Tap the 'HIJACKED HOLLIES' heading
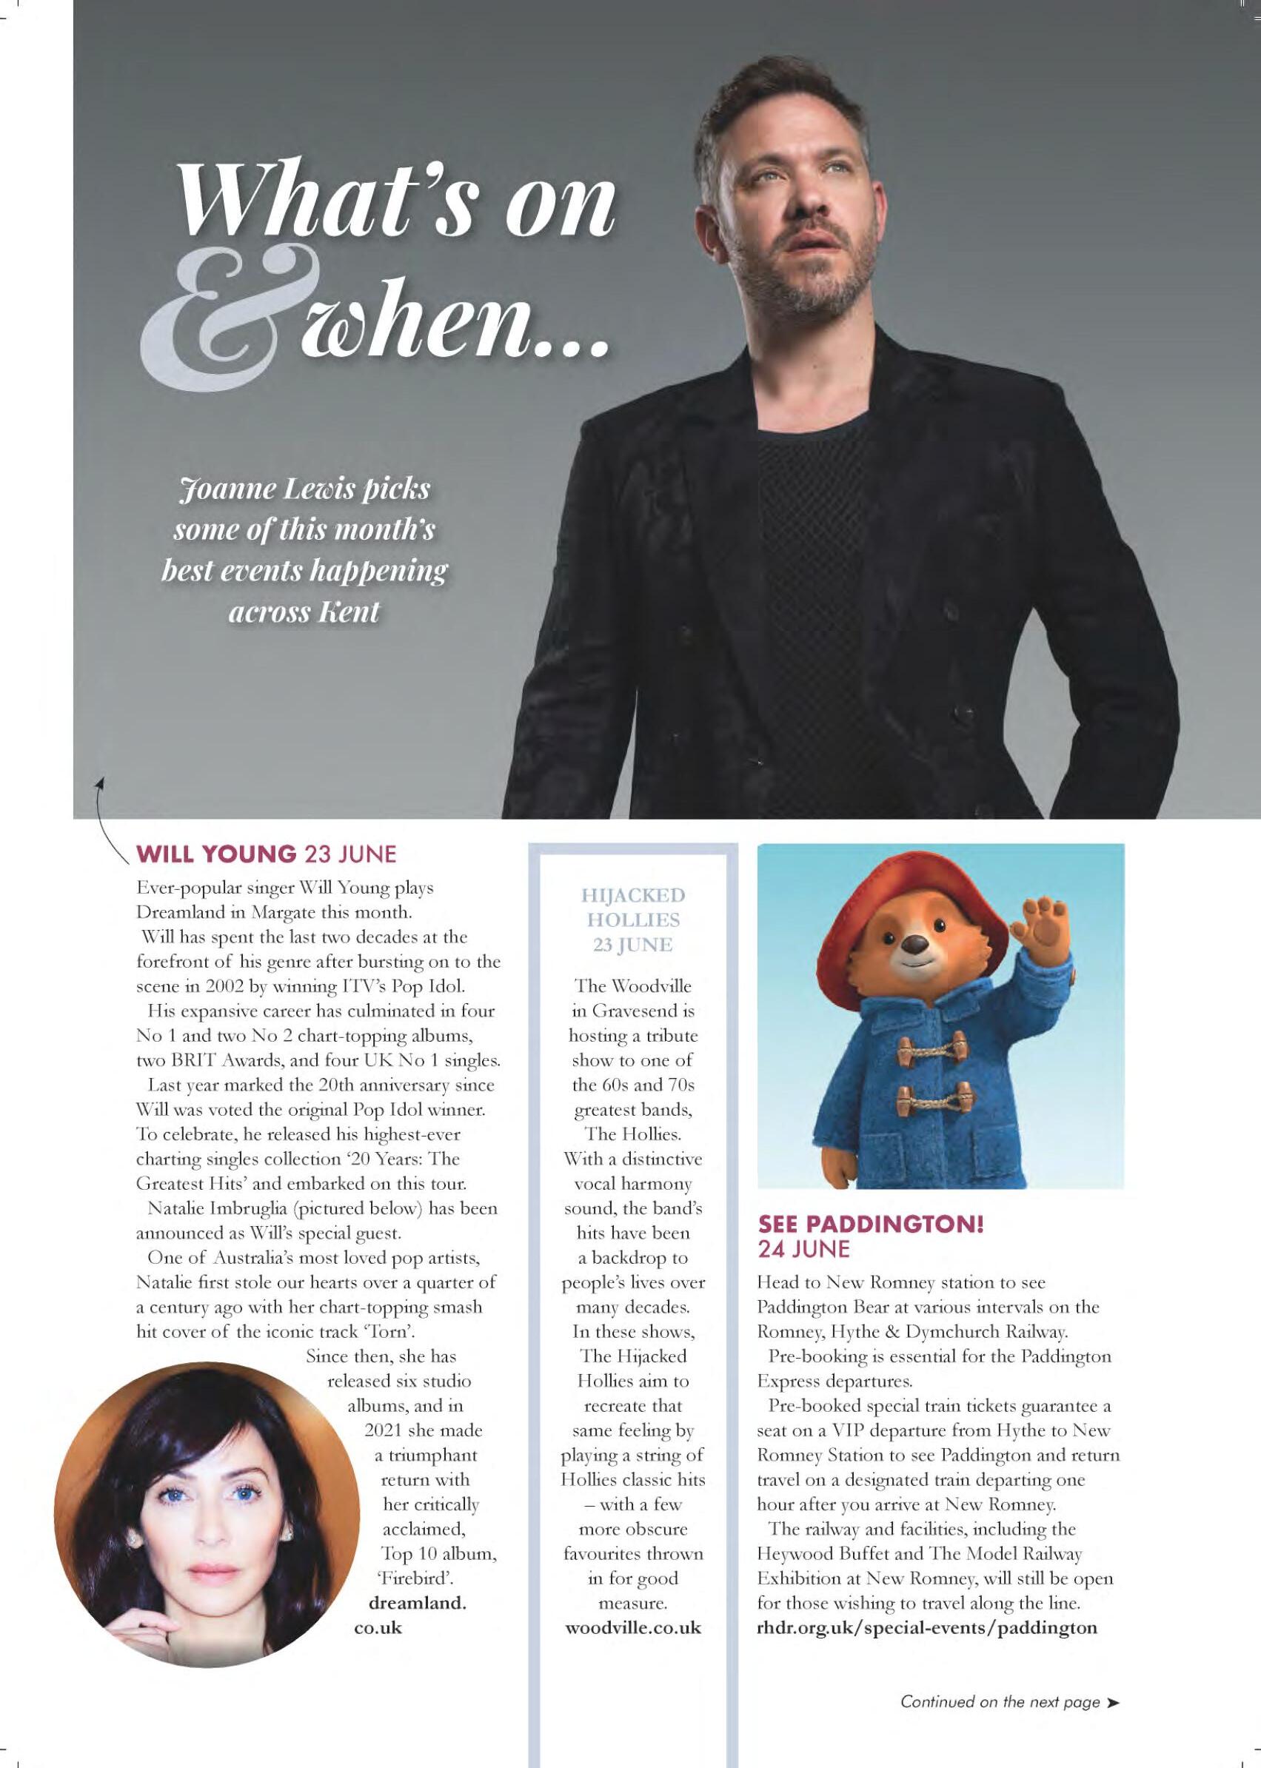[x=635, y=908]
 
